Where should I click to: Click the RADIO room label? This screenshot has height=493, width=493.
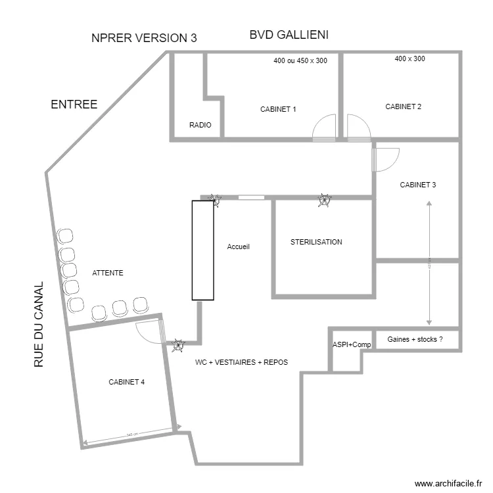point(200,124)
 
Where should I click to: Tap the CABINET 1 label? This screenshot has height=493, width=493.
point(278,109)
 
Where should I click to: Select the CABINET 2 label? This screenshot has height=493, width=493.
point(403,106)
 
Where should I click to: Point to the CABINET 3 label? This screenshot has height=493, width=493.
point(417,185)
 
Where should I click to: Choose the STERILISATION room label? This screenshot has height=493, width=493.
point(316,242)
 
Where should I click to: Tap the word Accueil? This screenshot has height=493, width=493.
point(239,246)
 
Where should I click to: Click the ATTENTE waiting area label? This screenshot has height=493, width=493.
point(108,273)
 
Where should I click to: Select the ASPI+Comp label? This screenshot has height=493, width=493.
point(351,344)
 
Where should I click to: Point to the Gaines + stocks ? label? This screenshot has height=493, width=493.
point(414,339)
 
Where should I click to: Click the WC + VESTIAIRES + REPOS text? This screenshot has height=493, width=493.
point(241,362)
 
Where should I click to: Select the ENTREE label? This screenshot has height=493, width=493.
point(74,105)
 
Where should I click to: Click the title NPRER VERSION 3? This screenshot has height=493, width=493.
point(144,38)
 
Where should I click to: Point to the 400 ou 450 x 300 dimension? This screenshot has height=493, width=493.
point(300,60)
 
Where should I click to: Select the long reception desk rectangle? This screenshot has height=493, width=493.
point(203,250)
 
